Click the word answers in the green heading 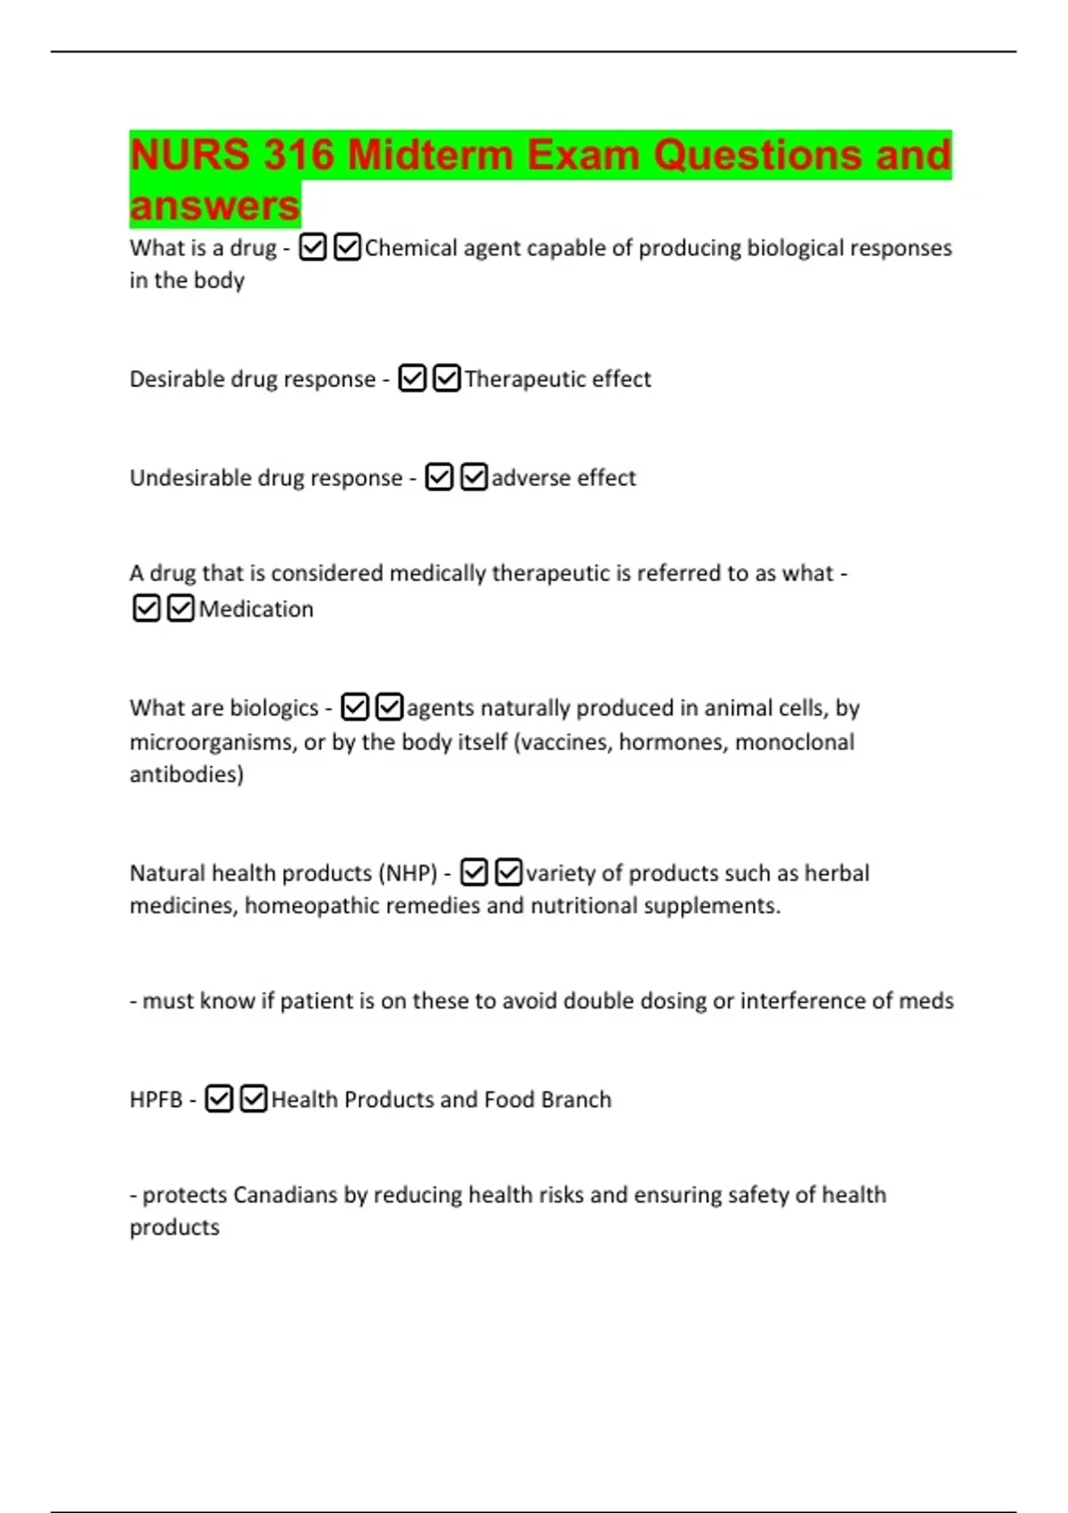214,206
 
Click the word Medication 256,609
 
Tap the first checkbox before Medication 146,609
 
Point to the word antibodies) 187,774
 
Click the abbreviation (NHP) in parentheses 408,873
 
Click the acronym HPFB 156,1100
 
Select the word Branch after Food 576,1100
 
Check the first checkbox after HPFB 219,1099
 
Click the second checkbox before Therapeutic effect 447,379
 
